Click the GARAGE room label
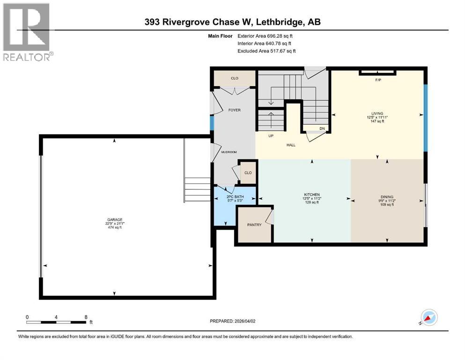[x=115, y=219]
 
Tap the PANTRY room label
[x=254, y=225]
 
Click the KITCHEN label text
[x=312, y=195]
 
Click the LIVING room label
[x=377, y=113]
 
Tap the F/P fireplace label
[x=378, y=80]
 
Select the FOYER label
[x=234, y=110]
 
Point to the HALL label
[x=291, y=145]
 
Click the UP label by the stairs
[x=270, y=136]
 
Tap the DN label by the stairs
[x=322, y=128]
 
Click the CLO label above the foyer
[x=234, y=78]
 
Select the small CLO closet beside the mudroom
[x=248, y=173]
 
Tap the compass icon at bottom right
[x=428, y=318]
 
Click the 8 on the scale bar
[x=86, y=317]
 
